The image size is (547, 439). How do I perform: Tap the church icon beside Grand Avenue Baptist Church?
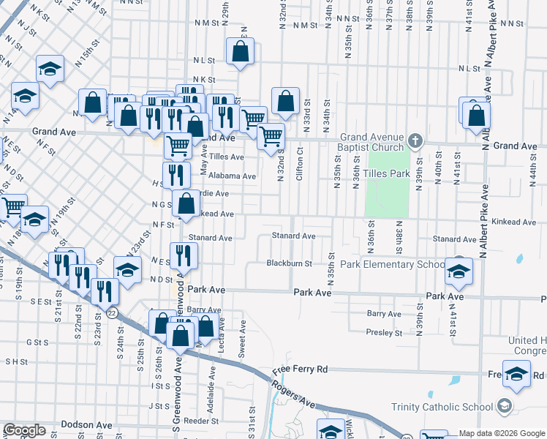(415, 140)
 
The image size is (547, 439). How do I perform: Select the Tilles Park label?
(392, 174)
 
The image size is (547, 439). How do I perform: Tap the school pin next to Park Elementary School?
(459, 271)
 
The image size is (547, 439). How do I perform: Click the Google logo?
(24, 430)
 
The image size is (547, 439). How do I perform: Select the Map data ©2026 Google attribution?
(501, 433)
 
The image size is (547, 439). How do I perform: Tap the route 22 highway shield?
(110, 312)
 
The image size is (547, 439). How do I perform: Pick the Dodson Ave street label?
(86, 424)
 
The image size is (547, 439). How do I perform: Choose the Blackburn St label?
(290, 263)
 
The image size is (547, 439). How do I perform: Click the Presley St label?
(384, 332)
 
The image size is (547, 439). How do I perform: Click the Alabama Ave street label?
(232, 176)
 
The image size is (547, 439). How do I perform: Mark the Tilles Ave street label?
(226, 157)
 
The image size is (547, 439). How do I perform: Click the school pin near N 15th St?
(49, 70)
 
